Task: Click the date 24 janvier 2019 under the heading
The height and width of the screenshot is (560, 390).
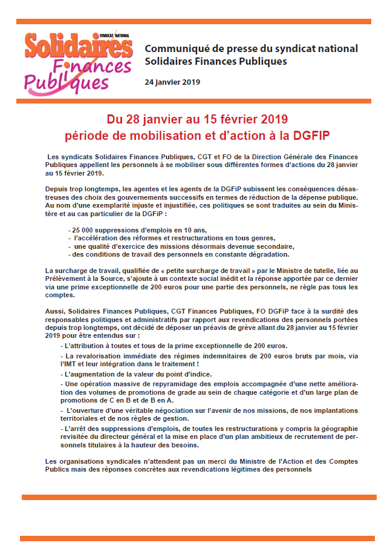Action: (x=172, y=82)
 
